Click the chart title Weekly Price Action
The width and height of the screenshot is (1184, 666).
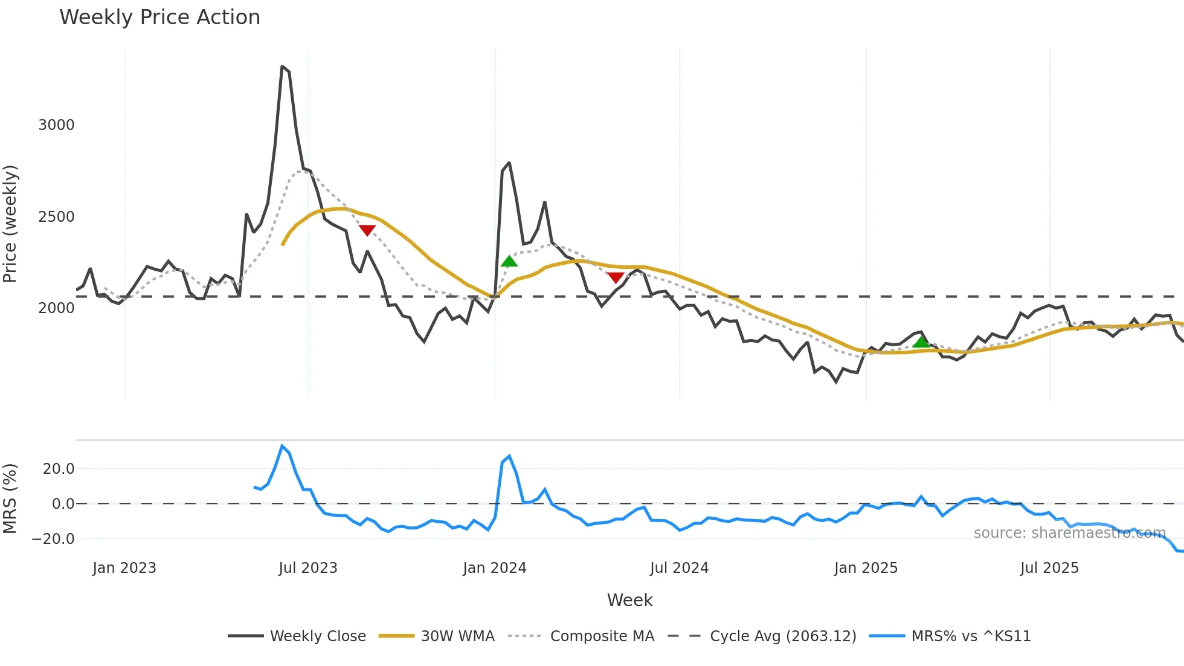click(159, 18)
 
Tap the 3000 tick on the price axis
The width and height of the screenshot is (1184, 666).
click(56, 125)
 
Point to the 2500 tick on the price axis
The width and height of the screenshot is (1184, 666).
click(56, 217)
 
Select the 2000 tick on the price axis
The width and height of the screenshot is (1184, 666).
click(56, 308)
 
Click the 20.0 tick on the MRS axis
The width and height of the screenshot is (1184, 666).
click(59, 469)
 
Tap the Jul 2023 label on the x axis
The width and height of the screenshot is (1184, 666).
click(308, 568)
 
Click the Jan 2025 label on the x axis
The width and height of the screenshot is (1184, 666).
click(866, 568)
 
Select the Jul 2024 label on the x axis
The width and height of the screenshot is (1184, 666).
click(679, 568)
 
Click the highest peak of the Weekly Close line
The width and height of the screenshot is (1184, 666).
click(282, 66)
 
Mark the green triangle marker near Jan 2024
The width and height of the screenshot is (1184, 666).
click(509, 262)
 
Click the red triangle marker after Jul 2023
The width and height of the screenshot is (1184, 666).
click(367, 230)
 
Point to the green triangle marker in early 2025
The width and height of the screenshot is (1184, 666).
click(921, 343)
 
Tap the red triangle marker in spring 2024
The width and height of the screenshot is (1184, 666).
click(616, 277)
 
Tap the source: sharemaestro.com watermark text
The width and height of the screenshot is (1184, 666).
click(1069, 533)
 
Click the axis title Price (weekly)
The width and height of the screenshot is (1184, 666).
click(10, 224)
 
